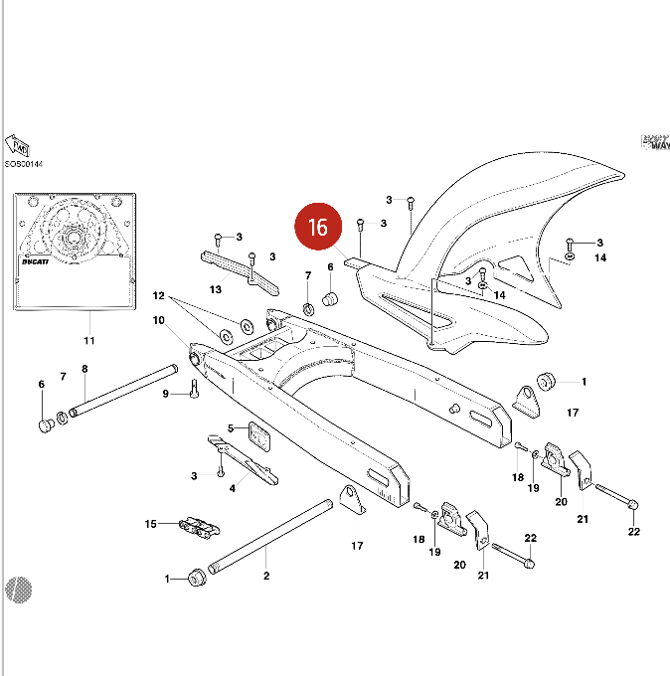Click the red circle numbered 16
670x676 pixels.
(317, 228)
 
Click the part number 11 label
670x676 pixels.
(88, 341)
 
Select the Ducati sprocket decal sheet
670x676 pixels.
(75, 249)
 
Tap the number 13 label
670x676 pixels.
(215, 289)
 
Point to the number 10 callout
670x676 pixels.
(158, 321)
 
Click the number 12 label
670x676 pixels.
(157, 296)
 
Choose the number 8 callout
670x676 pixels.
(84, 369)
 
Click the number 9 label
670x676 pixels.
(166, 395)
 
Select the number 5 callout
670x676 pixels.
(230, 428)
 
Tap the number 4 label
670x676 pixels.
(232, 487)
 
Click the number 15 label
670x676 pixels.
(151, 524)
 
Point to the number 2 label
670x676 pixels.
(265, 575)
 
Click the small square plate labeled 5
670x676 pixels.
(259, 435)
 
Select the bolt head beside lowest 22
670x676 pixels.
(527, 564)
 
